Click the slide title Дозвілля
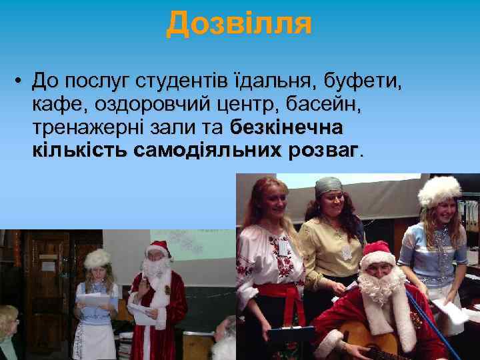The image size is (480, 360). point(239,23)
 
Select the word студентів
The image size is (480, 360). point(179,82)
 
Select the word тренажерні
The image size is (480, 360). point(82,127)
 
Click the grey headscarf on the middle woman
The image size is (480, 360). point(328,185)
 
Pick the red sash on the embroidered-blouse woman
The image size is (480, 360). point(279,294)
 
